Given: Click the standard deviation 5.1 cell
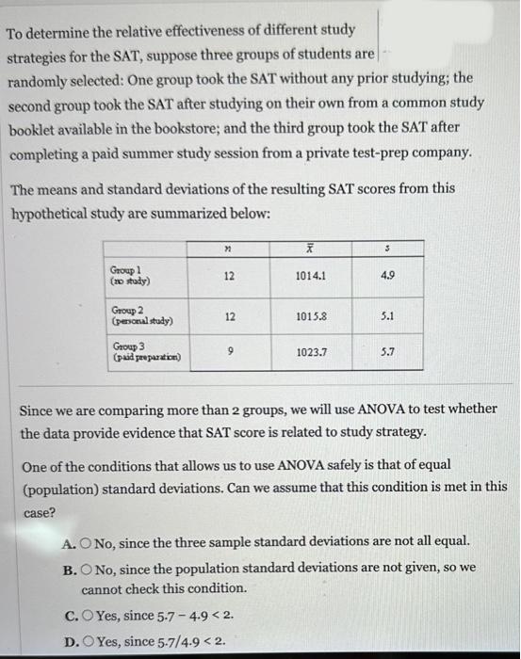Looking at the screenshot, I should [x=387, y=317].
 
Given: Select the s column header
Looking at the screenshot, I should [x=387, y=249].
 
